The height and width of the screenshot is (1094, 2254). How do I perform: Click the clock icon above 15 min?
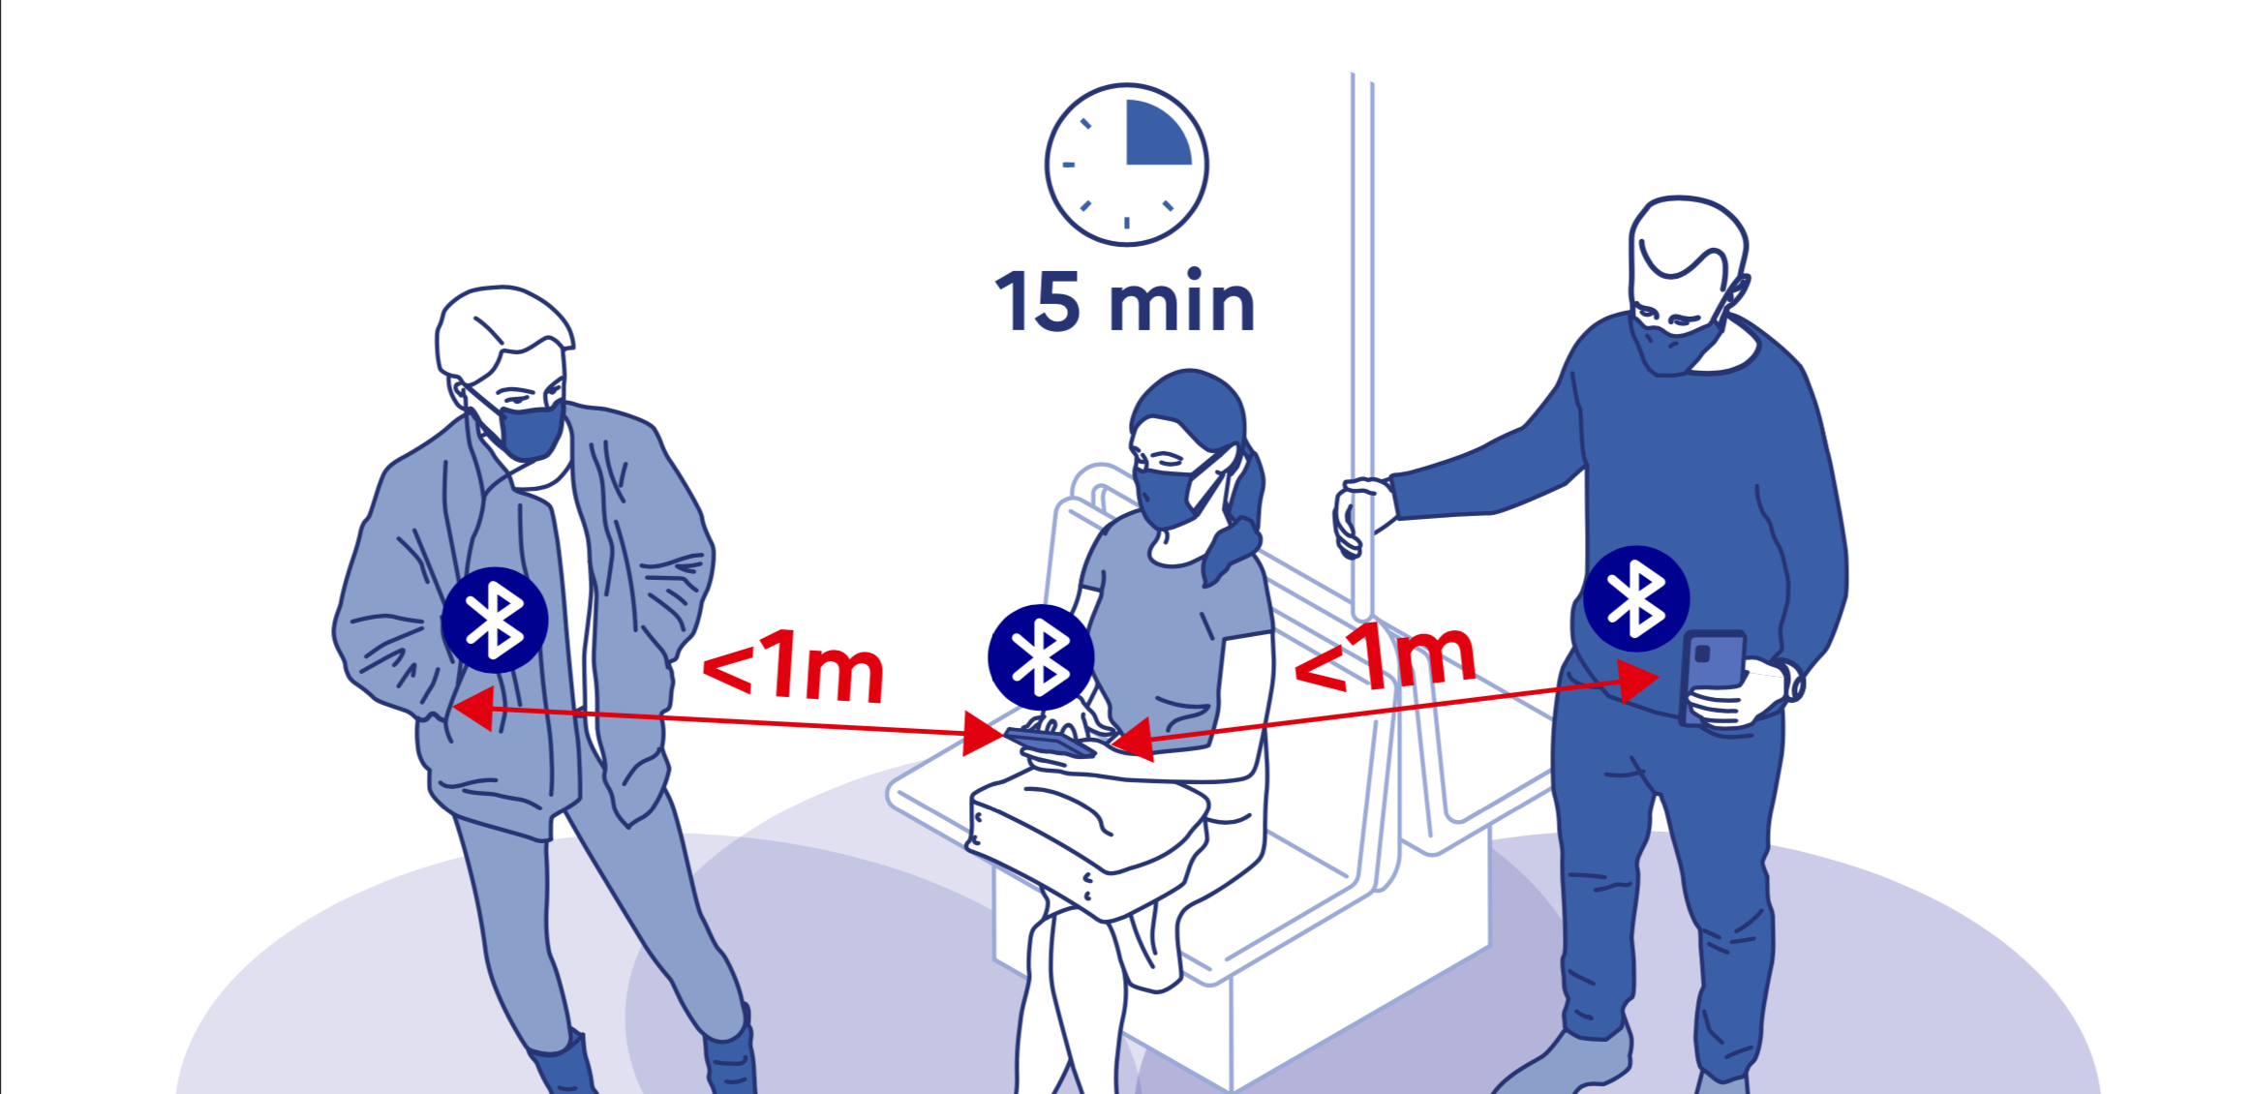1127,165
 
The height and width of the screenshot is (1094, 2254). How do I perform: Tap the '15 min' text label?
1125,302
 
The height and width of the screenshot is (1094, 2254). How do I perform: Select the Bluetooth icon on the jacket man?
495,620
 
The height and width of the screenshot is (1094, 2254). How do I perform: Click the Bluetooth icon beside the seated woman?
1041,657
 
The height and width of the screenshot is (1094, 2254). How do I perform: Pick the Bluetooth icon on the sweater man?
1636,598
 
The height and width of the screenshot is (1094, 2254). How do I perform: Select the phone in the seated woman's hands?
1051,743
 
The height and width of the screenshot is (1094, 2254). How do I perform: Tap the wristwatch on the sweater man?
1793,680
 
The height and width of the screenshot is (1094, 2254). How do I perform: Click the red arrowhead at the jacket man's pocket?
474,709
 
